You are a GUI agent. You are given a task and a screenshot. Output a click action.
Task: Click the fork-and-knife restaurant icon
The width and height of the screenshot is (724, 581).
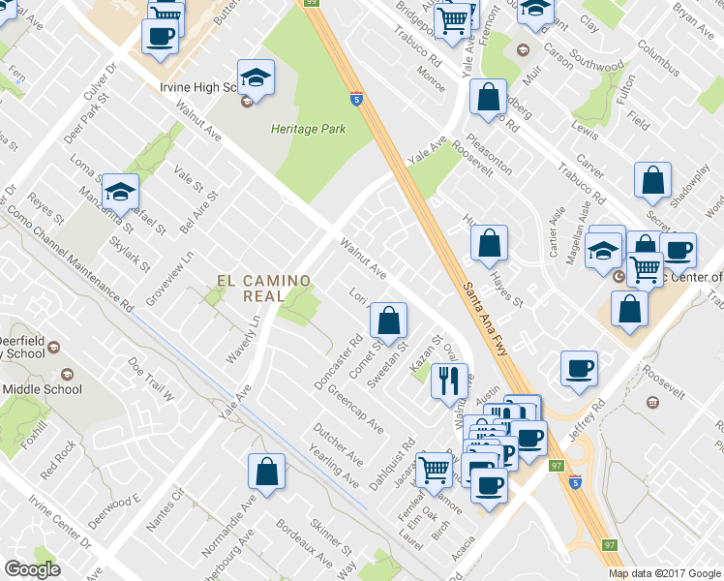447,380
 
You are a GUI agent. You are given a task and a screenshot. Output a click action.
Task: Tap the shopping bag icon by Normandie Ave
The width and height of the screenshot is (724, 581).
266,472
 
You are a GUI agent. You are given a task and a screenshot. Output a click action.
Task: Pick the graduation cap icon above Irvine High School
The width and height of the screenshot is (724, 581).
256,76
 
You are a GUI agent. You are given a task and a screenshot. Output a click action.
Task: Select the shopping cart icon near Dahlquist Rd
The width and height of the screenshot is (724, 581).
435,470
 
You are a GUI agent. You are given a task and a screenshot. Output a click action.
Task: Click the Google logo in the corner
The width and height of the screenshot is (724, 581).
32,569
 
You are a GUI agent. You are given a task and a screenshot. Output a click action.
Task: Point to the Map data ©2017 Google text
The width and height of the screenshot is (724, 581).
665,573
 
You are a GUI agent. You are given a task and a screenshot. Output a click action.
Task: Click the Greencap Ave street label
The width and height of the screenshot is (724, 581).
355,411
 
